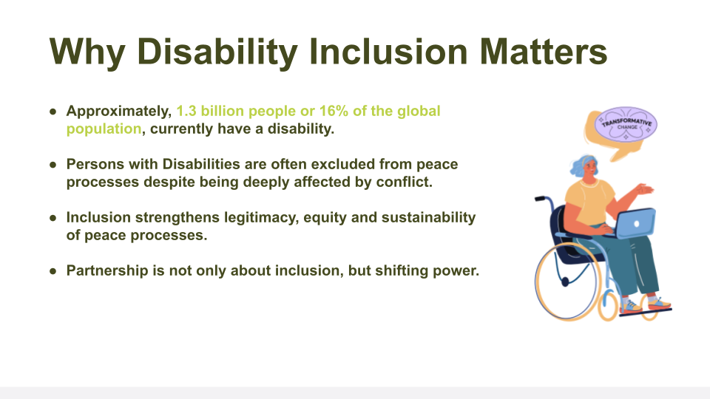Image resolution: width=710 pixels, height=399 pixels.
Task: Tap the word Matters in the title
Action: [x=544, y=52]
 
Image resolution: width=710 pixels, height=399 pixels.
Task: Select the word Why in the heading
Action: [x=87, y=52]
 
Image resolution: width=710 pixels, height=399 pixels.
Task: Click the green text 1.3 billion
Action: [x=209, y=111]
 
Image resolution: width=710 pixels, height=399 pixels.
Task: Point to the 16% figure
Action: [x=334, y=111]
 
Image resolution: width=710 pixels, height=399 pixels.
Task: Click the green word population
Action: [x=104, y=129]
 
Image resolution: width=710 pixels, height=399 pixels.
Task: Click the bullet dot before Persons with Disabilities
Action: [x=53, y=164]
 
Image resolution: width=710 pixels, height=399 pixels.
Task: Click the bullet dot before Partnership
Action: [x=53, y=271]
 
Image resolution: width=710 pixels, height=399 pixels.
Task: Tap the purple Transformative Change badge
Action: [x=626, y=123]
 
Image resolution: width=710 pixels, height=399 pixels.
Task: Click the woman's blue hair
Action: [x=581, y=165]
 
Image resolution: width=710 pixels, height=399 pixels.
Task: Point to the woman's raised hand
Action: [x=644, y=189]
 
